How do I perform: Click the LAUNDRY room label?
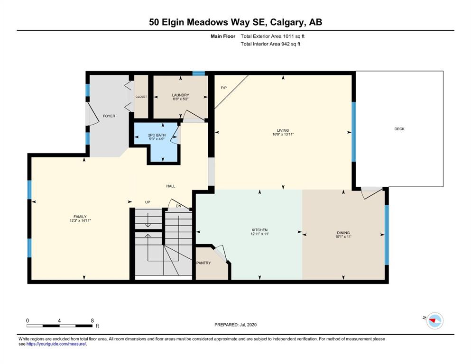pos(181,95)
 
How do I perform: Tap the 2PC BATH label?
pos(157,135)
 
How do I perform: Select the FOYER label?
pos(109,116)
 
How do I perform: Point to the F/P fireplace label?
pos(224,88)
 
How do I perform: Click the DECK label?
pos(399,129)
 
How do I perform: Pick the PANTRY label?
pos(203,263)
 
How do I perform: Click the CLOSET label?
pos(141,97)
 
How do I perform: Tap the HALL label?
pos(171,186)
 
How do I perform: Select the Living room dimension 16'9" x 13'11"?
pos(283,135)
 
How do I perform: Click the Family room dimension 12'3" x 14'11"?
pos(80,220)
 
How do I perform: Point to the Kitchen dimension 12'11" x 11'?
pos(260,234)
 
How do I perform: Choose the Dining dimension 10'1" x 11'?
pos(343,237)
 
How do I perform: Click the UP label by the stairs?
pos(148,202)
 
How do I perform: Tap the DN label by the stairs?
pos(179,206)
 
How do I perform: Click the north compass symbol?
pos(435,321)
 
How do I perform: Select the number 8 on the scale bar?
pos(92,320)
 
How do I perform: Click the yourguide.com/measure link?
pos(56,344)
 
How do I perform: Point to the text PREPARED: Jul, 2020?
pos(235,325)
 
